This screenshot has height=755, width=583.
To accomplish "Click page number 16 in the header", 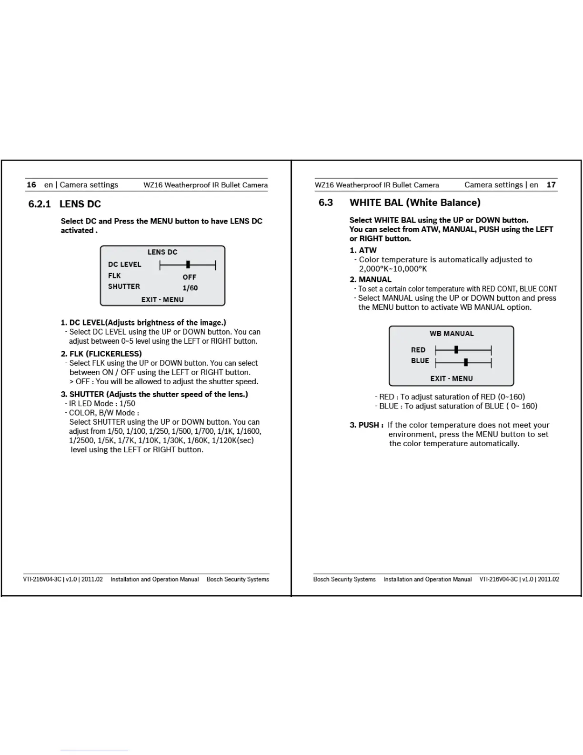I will click(31, 185).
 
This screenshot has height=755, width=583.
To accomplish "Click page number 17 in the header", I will click(551, 185).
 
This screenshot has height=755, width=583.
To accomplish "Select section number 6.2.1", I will click(40, 204).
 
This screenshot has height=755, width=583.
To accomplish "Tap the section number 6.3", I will click(326, 203).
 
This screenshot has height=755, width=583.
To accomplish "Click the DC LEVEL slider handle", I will click(188, 265).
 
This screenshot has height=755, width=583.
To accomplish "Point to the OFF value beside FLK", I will click(189, 277).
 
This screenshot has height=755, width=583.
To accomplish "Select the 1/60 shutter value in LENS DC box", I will click(190, 288).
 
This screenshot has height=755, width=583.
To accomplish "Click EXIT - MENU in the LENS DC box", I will click(162, 300).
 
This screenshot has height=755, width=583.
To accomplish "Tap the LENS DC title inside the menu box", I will click(162, 252).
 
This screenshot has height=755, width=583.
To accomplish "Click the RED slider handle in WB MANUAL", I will click(456, 350).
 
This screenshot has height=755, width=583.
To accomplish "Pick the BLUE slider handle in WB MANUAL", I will click(466, 362).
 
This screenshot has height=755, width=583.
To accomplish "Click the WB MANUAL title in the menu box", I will click(452, 334).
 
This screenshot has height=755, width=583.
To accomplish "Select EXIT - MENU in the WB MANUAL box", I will click(452, 378).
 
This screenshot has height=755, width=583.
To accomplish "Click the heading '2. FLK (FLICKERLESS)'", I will click(101, 354).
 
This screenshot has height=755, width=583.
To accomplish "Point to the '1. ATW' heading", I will click(363, 250).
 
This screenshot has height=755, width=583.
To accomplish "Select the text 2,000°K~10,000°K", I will click(393, 269).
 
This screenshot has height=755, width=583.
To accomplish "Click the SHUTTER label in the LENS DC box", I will click(124, 286).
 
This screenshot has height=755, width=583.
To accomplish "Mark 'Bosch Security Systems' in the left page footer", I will click(238, 580).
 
